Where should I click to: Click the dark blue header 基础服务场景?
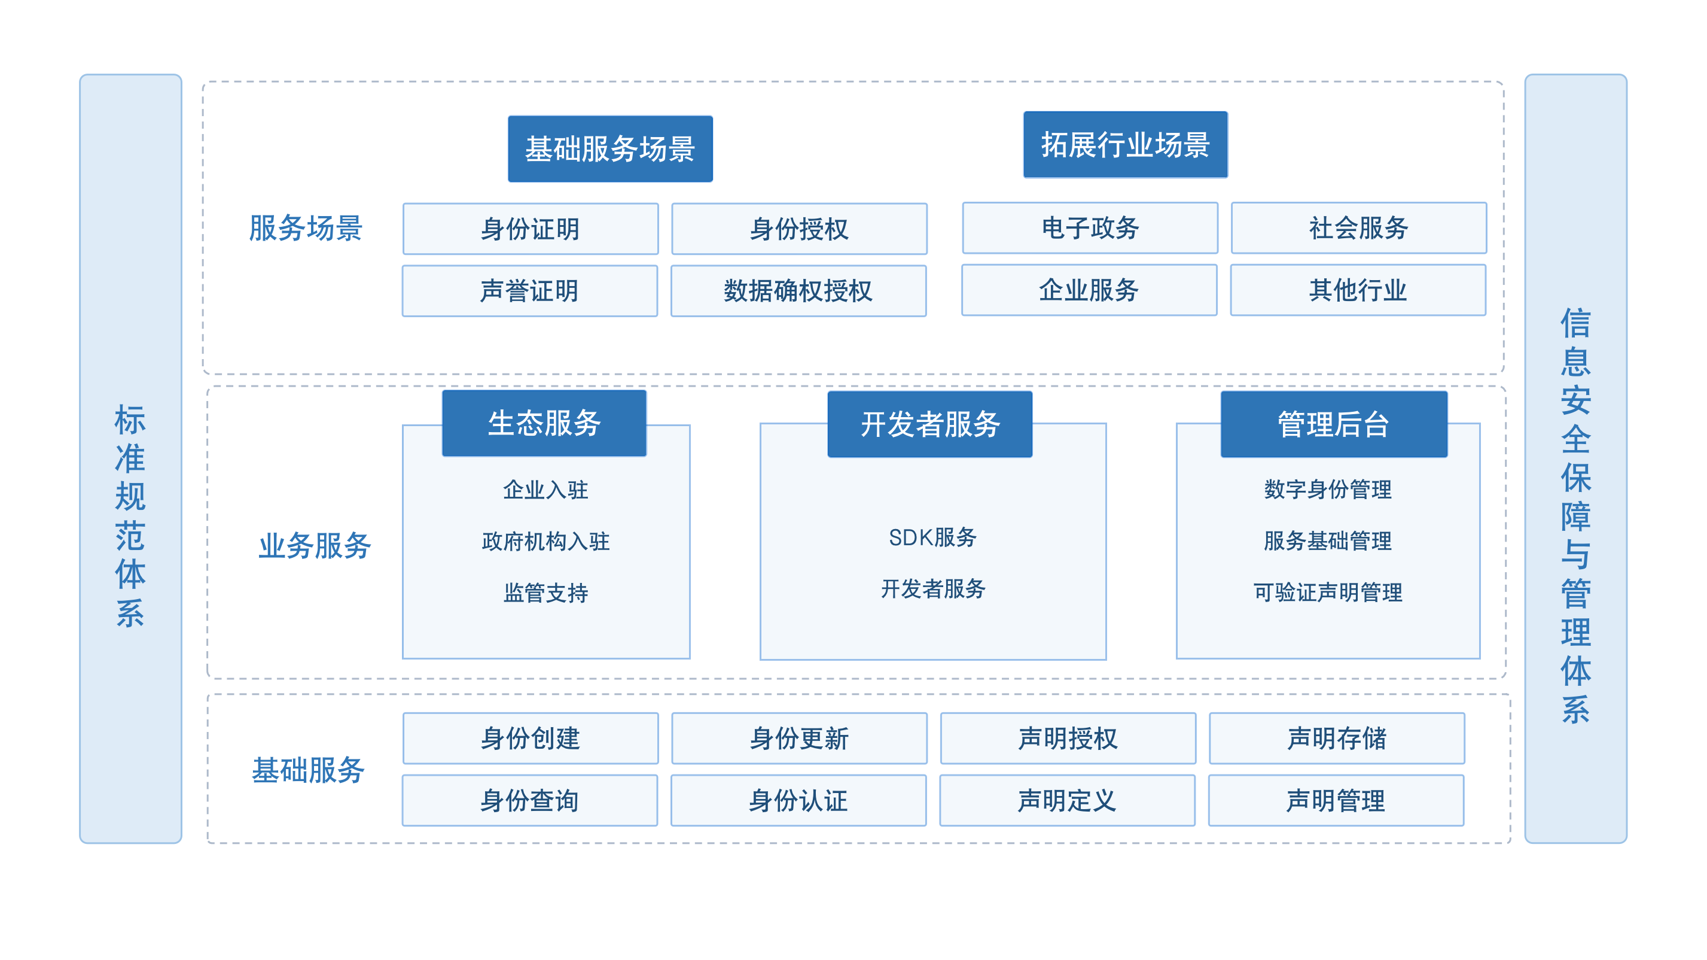[x=610, y=148]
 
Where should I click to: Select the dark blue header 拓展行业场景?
[x=1125, y=144]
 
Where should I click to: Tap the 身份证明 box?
[x=531, y=229]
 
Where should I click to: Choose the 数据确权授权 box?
[x=798, y=291]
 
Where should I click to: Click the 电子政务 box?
[x=1090, y=228]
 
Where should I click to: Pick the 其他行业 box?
[x=1358, y=290]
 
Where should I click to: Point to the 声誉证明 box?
[x=530, y=291]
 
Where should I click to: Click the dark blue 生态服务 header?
[x=544, y=423]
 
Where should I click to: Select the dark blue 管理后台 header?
[x=1334, y=424]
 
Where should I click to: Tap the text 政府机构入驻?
[x=545, y=541]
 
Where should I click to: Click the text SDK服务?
[x=932, y=537]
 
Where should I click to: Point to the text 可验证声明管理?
[x=1328, y=592]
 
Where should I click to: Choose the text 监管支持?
[x=545, y=593]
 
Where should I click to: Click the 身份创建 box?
[x=531, y=739]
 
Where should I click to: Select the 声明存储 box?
[x=1337, y=739]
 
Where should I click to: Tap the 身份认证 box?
[x=798, y=800]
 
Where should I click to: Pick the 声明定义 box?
[x=1068, y=800]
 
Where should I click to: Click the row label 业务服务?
[x=315, y=546]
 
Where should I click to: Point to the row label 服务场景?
[x=306, y=228]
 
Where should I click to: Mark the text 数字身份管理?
[x=1328, y=490]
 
